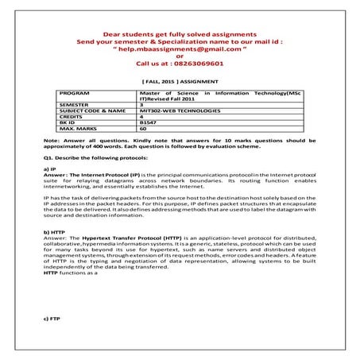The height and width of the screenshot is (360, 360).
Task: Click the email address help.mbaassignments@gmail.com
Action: (180, 49)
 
